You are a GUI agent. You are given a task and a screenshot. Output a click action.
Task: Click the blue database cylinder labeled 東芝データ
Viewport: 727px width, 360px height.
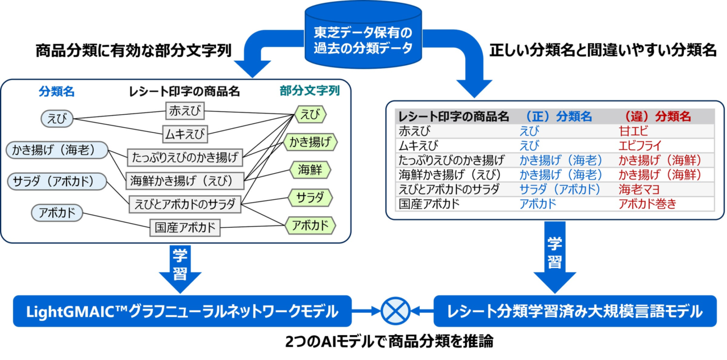coord(363,36)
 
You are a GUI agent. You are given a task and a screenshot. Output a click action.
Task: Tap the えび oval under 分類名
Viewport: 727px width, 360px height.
coord(57,118)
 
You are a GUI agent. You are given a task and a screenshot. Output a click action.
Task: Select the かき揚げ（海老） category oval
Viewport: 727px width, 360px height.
coord(57,150)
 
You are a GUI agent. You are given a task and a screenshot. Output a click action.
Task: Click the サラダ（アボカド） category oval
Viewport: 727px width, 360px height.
coord(57,181)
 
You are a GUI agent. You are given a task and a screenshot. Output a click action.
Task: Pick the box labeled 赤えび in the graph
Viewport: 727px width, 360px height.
coord(185,111)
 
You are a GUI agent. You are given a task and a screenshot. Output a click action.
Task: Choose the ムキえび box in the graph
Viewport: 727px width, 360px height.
coord(185,134)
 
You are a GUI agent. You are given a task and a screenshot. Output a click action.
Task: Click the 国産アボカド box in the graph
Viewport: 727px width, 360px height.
coord(185,227)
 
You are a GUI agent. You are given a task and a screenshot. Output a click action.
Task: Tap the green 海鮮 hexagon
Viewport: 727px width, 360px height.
coord(310,170)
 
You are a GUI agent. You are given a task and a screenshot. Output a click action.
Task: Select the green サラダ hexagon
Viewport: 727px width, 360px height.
coord(310,198)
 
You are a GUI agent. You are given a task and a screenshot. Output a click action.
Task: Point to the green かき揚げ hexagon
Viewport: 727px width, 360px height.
coord(310,142)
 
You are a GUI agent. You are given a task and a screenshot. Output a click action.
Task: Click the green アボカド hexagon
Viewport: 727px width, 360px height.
coord(310,225)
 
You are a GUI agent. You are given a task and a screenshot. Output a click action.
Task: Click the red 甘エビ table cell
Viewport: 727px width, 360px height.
coord(633,131)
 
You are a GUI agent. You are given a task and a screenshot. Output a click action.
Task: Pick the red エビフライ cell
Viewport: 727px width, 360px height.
coord(640,145)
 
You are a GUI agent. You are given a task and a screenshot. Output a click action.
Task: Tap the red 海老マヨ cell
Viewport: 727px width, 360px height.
coord(639,189)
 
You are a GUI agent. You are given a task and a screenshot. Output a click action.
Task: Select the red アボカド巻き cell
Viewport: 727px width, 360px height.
coord(647,204)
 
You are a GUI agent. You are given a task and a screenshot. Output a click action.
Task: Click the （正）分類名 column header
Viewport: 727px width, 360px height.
coord(558,116)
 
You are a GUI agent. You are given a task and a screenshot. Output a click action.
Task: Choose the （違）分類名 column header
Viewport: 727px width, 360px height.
coord(657,116)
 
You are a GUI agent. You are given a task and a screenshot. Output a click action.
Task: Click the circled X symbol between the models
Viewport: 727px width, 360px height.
coord(395,311)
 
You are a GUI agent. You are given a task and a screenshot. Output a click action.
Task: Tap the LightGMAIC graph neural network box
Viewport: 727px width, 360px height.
coord(182,311)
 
